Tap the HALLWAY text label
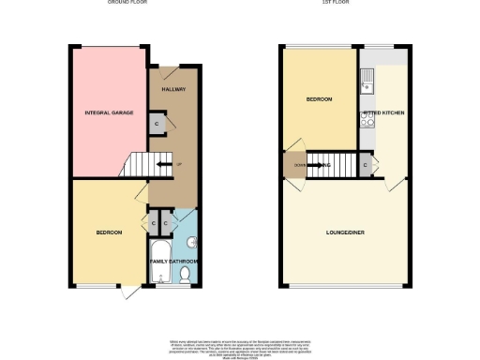coord(172,89)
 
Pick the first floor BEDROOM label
coord(319,97)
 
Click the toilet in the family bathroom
coord(185,274)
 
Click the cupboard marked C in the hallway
coord(156,123)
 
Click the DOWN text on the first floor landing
coord(299,165)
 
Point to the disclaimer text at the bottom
coord(240,348)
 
